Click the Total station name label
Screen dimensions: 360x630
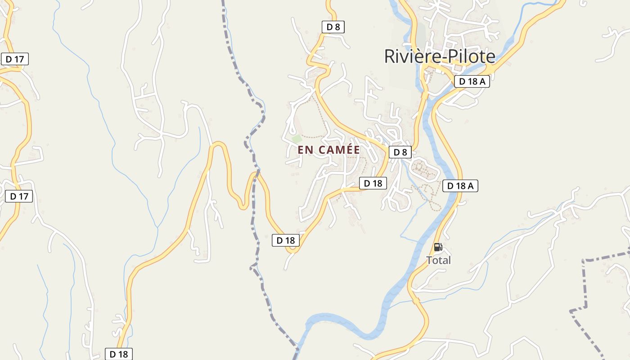tap(438, 260)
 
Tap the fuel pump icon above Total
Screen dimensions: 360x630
tap(438, 247)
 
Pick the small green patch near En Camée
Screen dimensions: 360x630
tap(296, 139)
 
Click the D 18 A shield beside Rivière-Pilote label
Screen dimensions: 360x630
tap(472, 81)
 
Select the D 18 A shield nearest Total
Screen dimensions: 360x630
tap(460, 186)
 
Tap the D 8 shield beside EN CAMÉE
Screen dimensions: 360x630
tap(400, 152)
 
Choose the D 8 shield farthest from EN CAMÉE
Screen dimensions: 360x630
tap(333, 27)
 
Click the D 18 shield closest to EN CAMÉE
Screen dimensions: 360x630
tap(373, 183)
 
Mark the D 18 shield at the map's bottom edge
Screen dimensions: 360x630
tap(119, 354)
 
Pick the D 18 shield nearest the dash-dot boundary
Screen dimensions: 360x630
tap(285, 240)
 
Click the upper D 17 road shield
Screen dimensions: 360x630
tap(14, 59)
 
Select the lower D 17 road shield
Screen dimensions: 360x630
tap(19, 196)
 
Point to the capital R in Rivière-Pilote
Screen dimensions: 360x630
tap(389, 57)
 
